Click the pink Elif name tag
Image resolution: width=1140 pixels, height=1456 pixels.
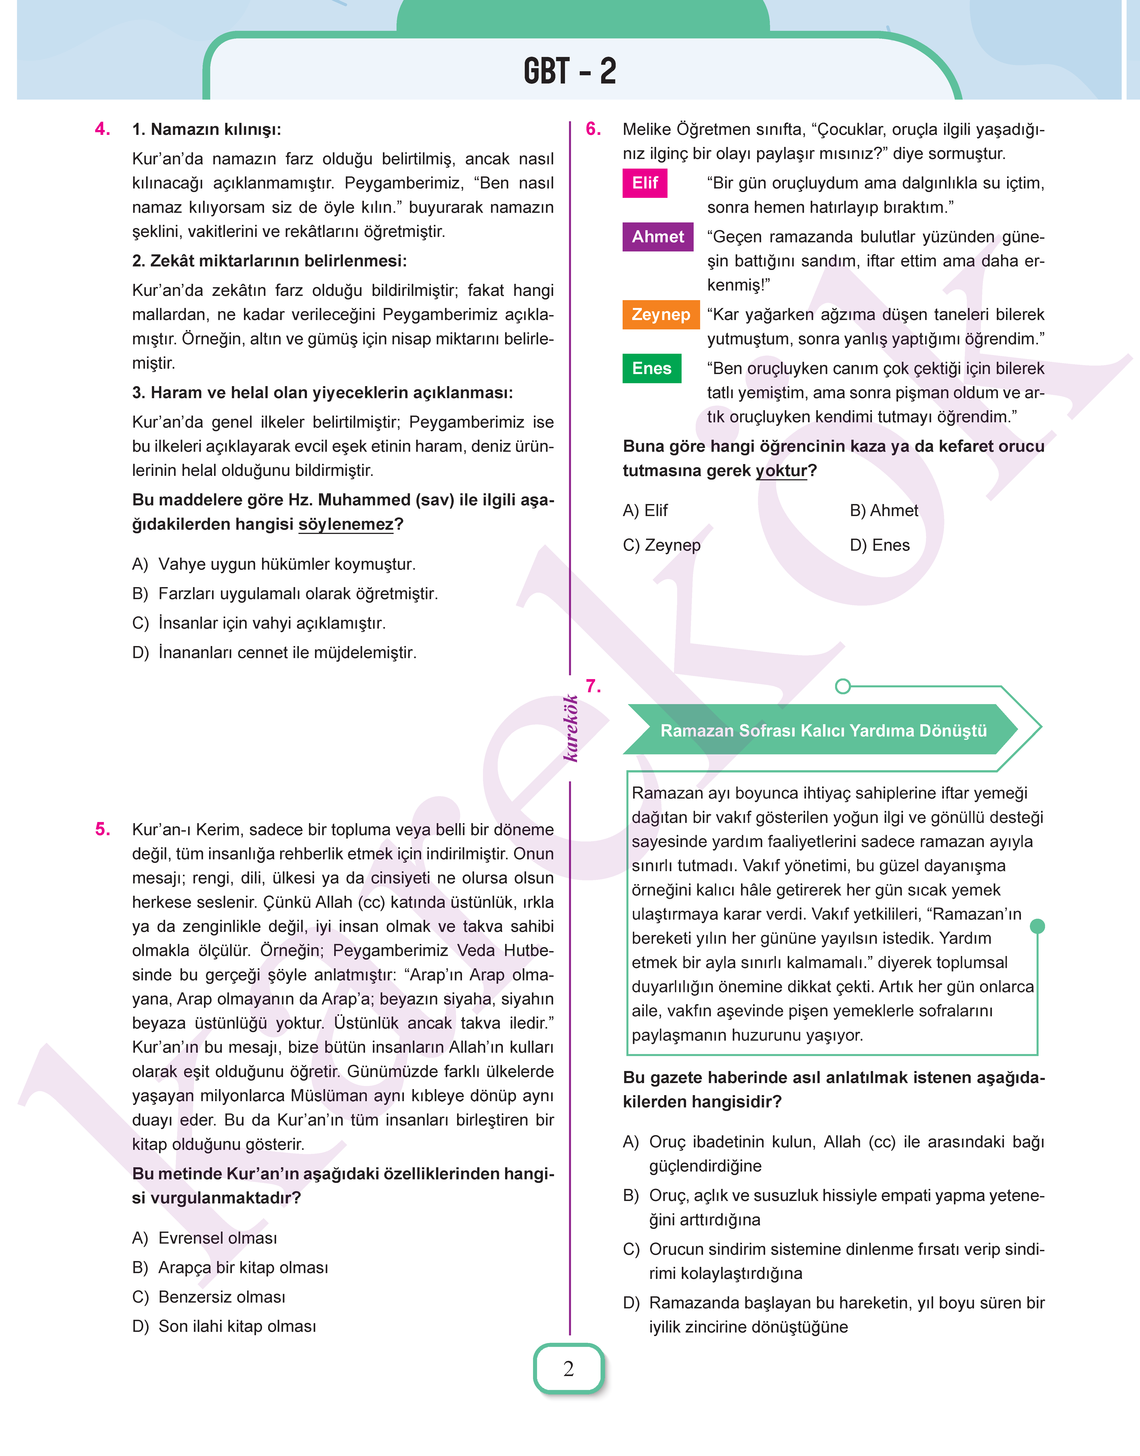[645, 183]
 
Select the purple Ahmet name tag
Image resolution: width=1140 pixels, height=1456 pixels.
[657, 237]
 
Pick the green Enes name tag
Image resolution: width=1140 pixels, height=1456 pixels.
[651, 368]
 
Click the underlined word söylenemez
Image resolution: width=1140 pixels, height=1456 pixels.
[346, 525]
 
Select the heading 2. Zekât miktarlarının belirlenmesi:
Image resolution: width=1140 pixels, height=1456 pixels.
[269, 261]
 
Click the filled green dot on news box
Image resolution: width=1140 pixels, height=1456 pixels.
[1037, 926]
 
